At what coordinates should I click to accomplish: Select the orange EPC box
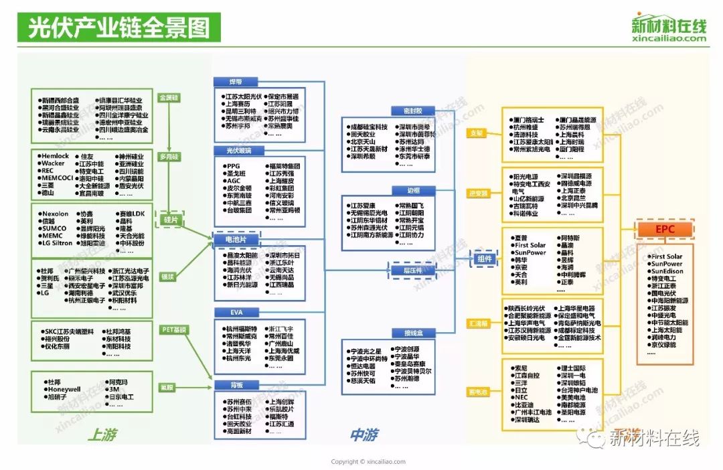tap(665, 230)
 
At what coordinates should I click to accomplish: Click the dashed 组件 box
tap(484, 259)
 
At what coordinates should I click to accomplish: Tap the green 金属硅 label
tap(169, 98)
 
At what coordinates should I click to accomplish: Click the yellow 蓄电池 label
tap(477, 391)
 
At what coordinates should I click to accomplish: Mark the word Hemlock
tap(56, 156)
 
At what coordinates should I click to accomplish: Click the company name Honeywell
tap(64, 389)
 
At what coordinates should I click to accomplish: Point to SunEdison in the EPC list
tap(666, 272)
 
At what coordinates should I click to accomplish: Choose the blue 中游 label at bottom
tap(366, 435)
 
